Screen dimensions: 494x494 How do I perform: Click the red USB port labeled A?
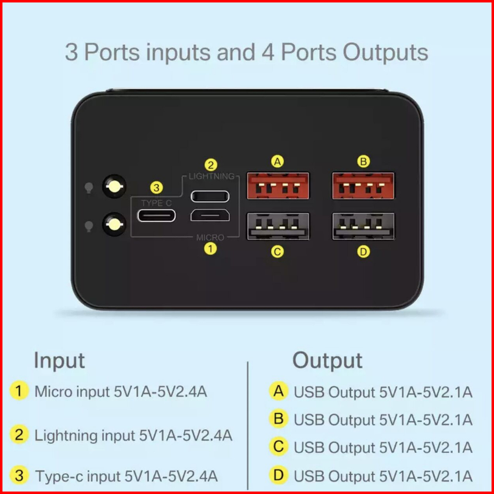(x=278, y=186)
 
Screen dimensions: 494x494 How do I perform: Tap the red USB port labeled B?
(x=363, y=186)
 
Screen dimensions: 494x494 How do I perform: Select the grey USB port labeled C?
(x=278, y=226)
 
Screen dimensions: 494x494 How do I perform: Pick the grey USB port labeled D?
(x=363, y=226)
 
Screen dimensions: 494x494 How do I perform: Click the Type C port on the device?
(x=156, y=216)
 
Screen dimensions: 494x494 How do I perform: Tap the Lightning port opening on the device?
(x=210, y=196)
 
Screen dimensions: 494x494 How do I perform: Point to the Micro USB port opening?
(x=210, y=216)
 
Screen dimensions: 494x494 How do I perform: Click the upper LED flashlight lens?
(x=114, y=186)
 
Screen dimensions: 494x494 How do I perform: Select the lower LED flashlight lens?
(x=114, y=224)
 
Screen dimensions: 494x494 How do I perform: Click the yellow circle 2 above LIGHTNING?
(x=211, y=165)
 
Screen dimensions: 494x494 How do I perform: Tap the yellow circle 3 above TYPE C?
(x=156, y=188)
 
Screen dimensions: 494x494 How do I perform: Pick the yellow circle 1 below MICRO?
(x=210, y=249)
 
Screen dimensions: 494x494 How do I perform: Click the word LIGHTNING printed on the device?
(x=212, y=176)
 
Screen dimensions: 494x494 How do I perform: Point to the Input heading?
(x=59, y=361)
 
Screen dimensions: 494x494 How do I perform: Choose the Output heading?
(x=327, y=360)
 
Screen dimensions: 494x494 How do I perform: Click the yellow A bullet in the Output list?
(x=278, y=391)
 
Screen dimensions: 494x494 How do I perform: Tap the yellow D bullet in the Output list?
(x=278, y=475)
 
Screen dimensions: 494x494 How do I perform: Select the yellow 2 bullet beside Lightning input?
(x=19, y=435)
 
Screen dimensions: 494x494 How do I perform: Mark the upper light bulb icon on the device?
(x=89, y=188)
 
